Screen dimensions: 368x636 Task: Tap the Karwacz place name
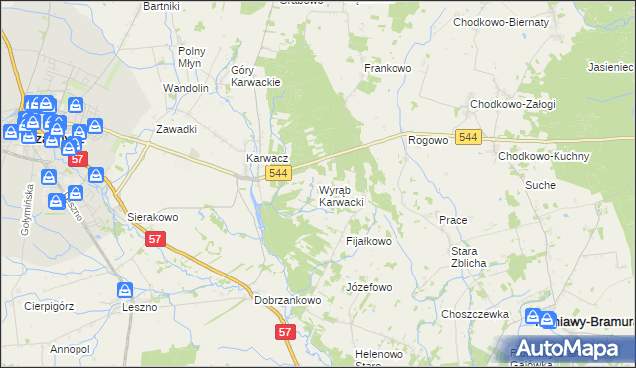[267, 158]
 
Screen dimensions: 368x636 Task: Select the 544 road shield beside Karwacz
[278, 174]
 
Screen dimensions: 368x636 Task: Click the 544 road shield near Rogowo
[470, 137]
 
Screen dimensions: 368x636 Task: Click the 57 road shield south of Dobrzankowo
[286, 332]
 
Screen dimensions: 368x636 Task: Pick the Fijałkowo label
[369, 241]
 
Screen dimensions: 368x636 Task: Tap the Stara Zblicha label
[468, 257]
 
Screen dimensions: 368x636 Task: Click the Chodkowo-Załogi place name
[513, 104]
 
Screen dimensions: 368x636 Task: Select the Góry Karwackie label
[256, 76]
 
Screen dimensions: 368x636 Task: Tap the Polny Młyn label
[191, 56]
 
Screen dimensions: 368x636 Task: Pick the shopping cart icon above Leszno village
[125, 290]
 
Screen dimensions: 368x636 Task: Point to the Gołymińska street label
[26, 210]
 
